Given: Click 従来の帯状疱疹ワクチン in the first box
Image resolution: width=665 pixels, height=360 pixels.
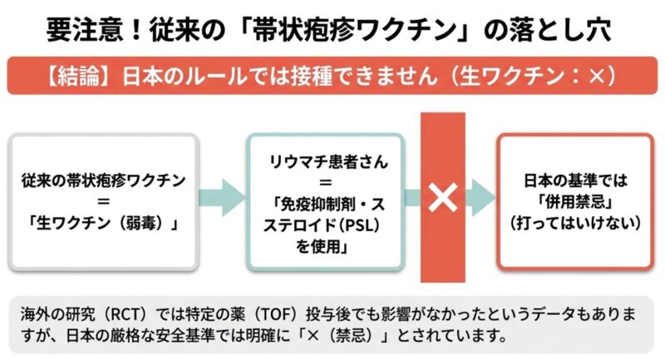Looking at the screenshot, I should point(104,180).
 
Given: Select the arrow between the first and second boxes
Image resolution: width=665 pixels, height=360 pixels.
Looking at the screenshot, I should point(224,200).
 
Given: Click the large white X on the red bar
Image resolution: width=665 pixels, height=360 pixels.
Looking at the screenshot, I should point(443,198).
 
